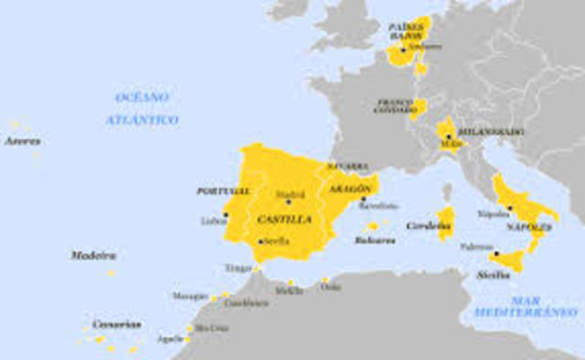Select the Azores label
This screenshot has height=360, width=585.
(x=22, y=142)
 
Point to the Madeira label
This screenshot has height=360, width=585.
(x=94, y=255)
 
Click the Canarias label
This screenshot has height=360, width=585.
(x=117, y=324)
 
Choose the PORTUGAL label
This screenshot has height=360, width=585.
(x=222, y=192)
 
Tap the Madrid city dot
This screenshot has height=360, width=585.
(x=288, y=202)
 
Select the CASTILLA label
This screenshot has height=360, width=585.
(x=284, y=220)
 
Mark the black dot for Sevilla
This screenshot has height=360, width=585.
(x=261, y=241)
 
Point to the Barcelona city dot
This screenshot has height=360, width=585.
(x=363, y=198)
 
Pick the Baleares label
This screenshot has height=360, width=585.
(x=377, y=240)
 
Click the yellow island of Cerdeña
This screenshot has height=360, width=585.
(x=446, y=222)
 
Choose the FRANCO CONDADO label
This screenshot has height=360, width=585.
(x=395, y=106)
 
